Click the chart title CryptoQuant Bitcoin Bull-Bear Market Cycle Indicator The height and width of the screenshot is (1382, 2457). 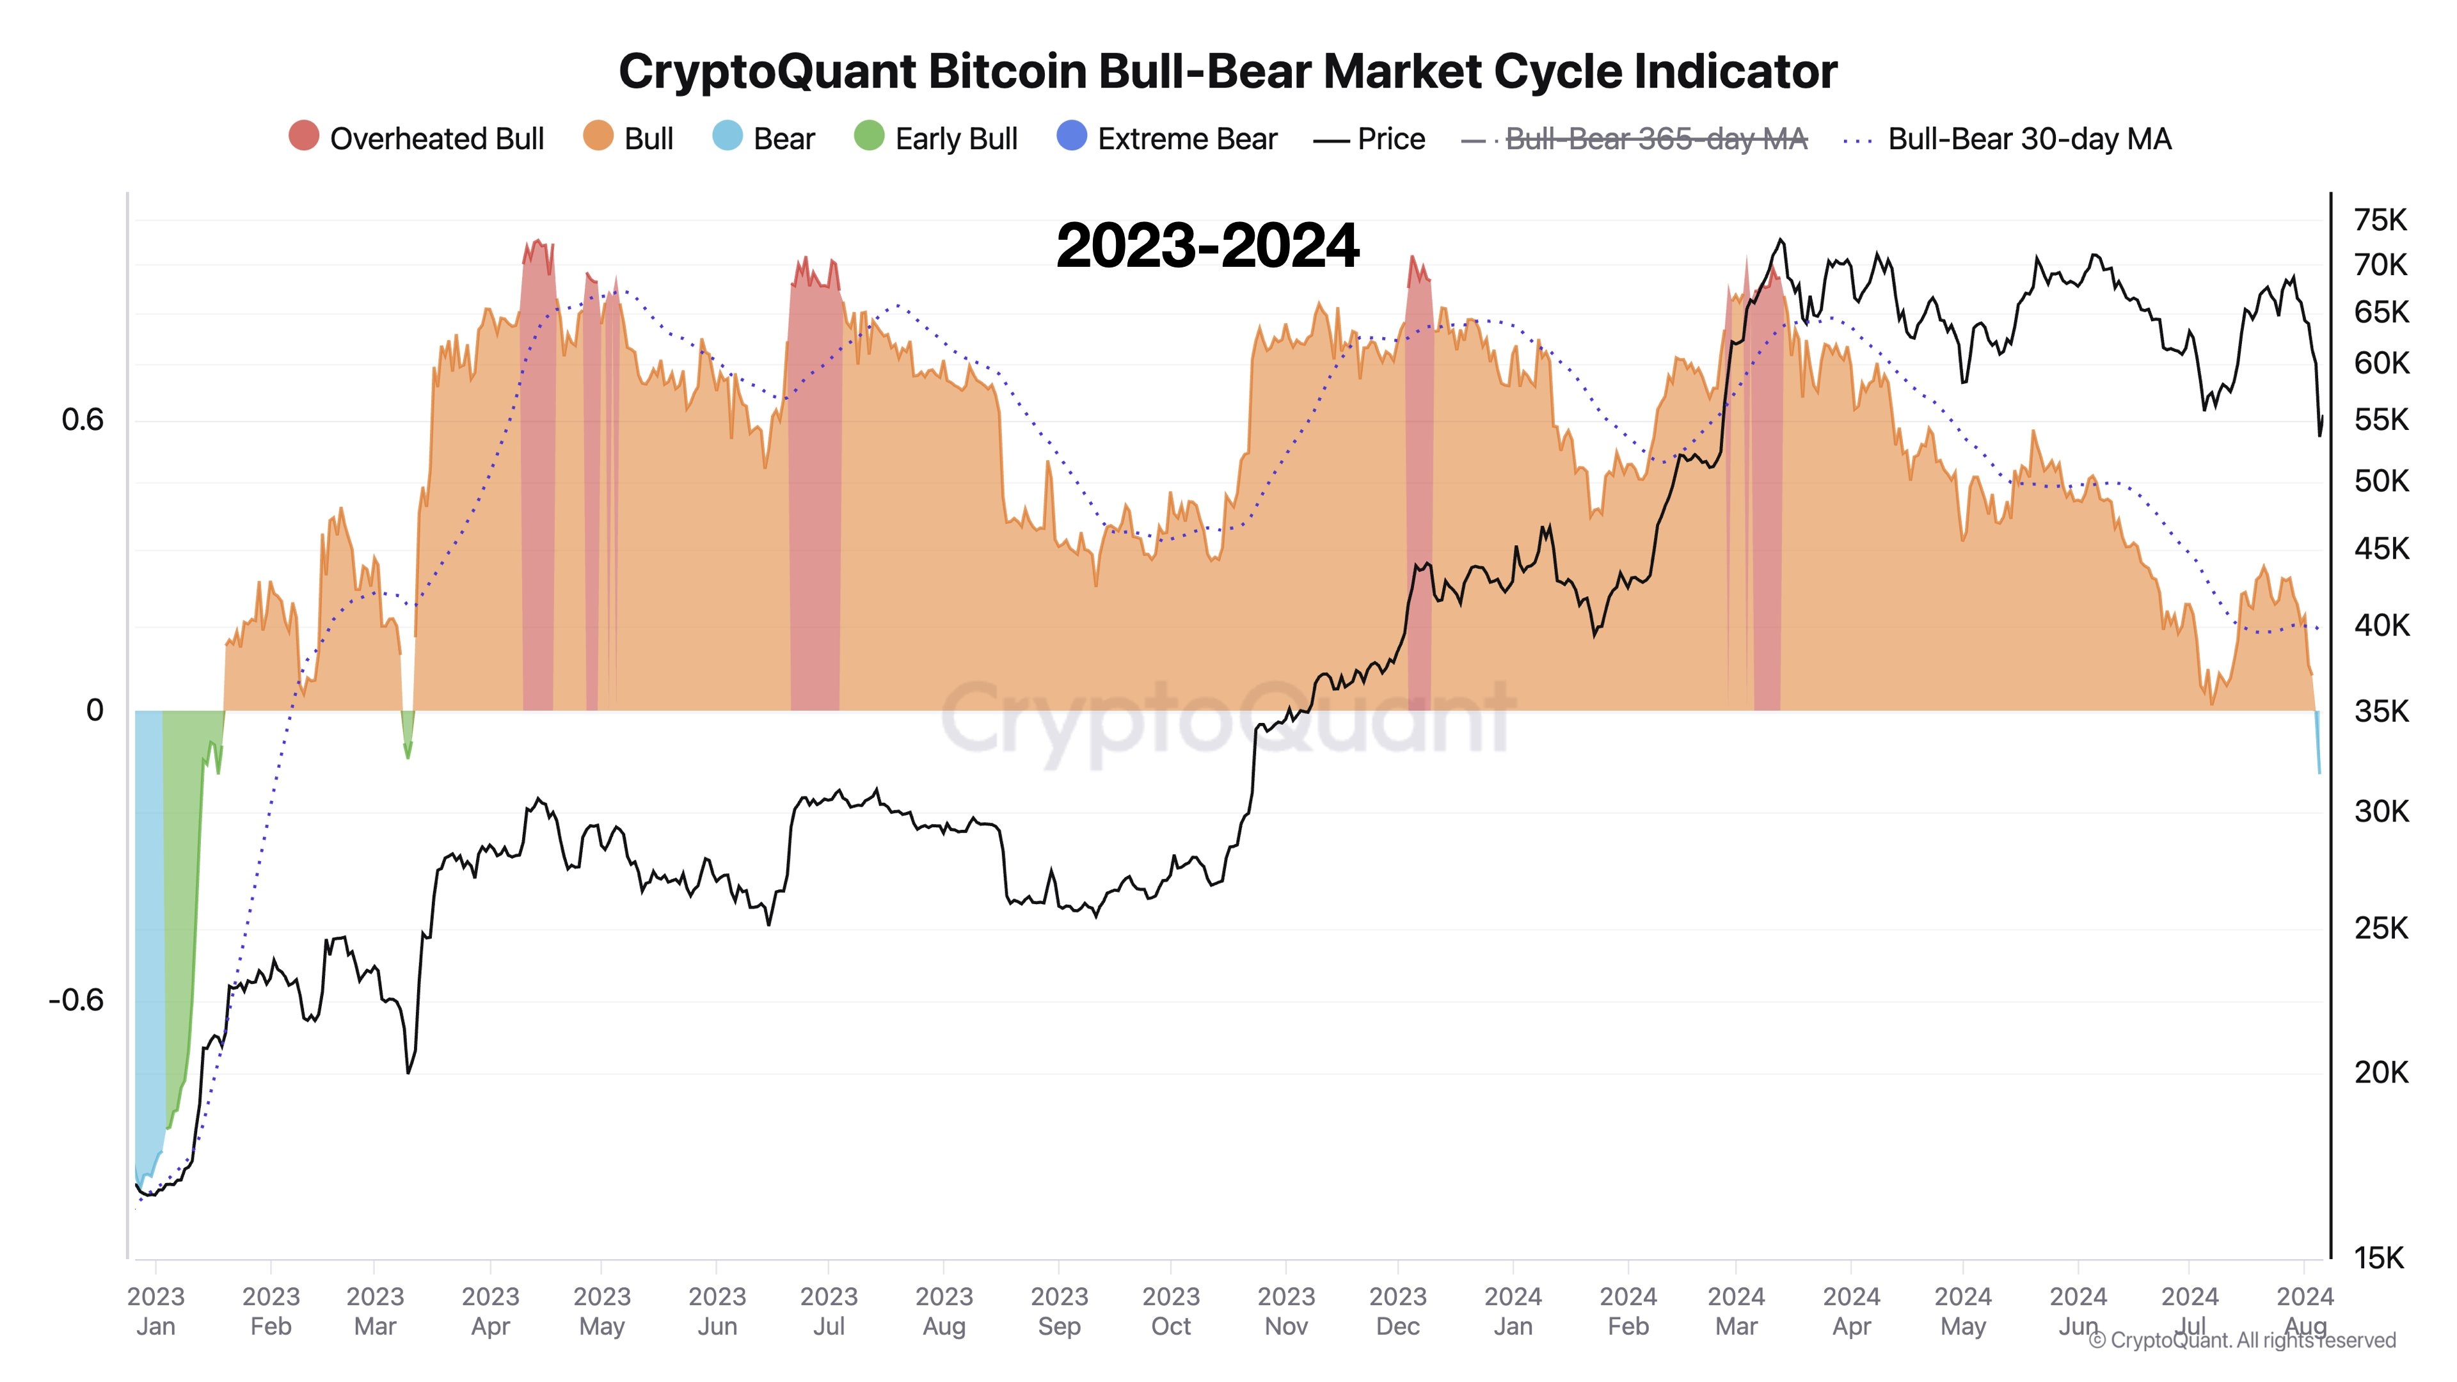[1228, 72]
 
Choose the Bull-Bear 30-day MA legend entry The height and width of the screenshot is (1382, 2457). [2008, 138]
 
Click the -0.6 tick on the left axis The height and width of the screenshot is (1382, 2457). [76, 999]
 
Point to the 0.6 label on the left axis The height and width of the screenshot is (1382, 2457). [82, 420]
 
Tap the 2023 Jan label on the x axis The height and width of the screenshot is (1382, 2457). [155, 1310]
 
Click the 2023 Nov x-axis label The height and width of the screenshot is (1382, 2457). [1285, 1310]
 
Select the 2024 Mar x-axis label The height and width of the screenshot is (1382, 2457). [1736, 1310]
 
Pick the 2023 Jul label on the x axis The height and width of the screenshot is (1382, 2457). [828, 1310]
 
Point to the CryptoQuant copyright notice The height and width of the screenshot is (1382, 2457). [2241, 1340]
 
